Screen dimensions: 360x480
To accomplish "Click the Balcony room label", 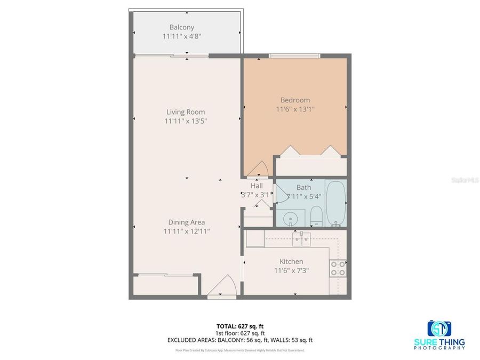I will point(181,27).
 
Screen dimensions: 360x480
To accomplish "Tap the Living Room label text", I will point(186,112).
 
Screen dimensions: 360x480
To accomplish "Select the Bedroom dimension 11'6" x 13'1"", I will point(295,109).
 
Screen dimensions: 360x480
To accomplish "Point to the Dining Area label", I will point(186,222).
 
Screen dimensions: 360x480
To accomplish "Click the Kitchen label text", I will point(291,261).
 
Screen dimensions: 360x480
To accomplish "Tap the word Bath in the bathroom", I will point(303,187).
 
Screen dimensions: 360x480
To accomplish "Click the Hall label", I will point(257,186).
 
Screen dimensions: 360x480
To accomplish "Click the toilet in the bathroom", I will point(315,217).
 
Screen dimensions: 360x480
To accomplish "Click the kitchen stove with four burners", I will point(337,268).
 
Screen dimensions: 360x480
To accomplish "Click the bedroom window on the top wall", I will point(294,55).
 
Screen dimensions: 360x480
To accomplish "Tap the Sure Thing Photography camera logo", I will point(439,327).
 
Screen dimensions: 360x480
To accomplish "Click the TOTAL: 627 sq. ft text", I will point(240,326).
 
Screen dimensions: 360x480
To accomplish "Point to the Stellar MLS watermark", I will point(465,181).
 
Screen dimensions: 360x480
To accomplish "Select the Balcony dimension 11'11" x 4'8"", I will point(181,37).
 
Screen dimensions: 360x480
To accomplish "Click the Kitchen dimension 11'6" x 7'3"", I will point(291,270).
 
